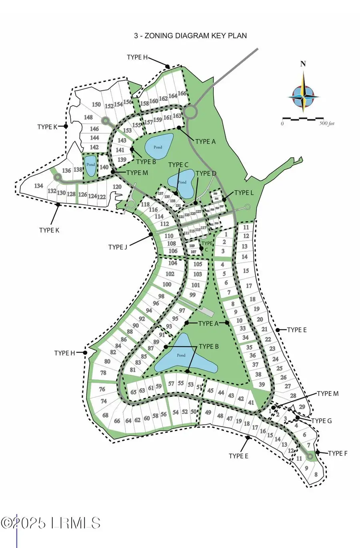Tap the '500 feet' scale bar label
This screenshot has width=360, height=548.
326,124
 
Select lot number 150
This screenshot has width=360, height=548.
96,104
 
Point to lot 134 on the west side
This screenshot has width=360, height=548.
38,186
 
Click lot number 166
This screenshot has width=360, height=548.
182,94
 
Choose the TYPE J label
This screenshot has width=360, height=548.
118,247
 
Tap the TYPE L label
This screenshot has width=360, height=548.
244,193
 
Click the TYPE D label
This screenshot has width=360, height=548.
206,173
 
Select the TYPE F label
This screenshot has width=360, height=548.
338,454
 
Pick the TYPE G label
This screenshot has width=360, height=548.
321,421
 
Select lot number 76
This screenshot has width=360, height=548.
102,389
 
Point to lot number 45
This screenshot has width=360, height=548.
210,391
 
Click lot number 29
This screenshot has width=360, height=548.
302,407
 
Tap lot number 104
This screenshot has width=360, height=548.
172,263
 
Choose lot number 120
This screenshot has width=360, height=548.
117,187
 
